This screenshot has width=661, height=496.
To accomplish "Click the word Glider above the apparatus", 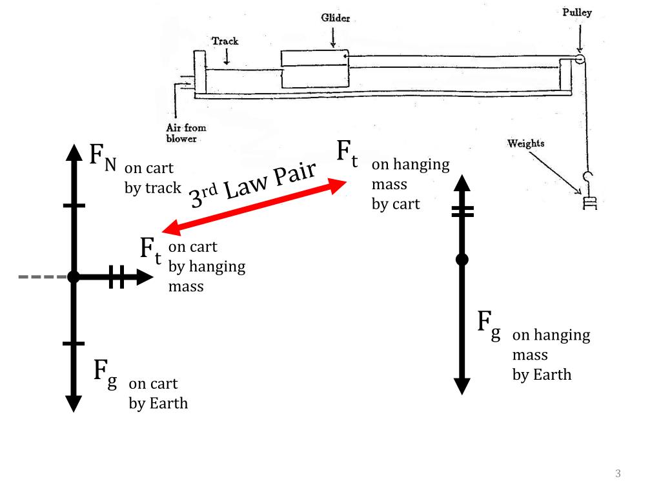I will click(x=336, y=18).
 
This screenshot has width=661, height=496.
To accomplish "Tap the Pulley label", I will click(x=577, y=13).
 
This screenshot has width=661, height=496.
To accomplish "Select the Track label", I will click(x=225, y=41).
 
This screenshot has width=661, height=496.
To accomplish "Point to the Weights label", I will click(x=526, y=143).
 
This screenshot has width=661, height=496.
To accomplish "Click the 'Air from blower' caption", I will click(x=186, y=133).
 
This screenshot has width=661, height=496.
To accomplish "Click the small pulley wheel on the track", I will click(x=580, y=59).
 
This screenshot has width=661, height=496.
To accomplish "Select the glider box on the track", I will click(x=314, y=70).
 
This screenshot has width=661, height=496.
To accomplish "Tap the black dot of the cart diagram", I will click(x=74, y=277).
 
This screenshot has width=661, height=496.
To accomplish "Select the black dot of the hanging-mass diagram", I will click(x=462, y=260).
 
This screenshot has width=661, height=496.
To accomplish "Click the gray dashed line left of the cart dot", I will click(x=43, y=277).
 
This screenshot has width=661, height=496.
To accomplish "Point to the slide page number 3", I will click(x=618, y=475).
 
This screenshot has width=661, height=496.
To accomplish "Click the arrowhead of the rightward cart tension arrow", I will click(x=145, y=277).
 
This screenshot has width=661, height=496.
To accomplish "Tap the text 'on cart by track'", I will click(x=152, y=178).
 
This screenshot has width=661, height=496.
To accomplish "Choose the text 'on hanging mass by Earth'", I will click(x=551, y=355).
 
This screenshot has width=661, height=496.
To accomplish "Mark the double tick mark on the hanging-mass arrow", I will click(x=462, y=211).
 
